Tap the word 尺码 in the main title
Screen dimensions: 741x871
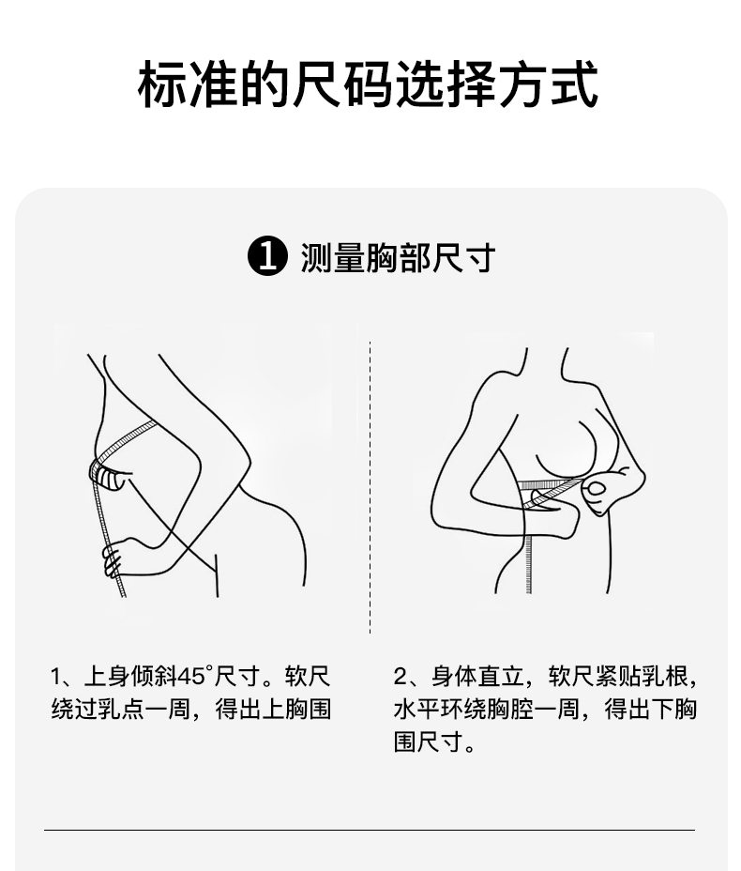(x=342, y=84)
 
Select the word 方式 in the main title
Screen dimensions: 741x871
(x=549, y=84)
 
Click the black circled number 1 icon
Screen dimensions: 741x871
(x=267, y=256)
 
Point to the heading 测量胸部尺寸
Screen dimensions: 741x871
(x=398, y=257)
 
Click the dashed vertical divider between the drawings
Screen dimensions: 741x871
(x=370, y=487)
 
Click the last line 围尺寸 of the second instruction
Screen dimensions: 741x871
(x=429, y=742)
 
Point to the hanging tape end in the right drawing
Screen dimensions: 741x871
(x=528, y=561)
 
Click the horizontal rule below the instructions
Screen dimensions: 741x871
(x=370, y=830)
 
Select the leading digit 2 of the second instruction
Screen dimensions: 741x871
(x=401, y=677)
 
